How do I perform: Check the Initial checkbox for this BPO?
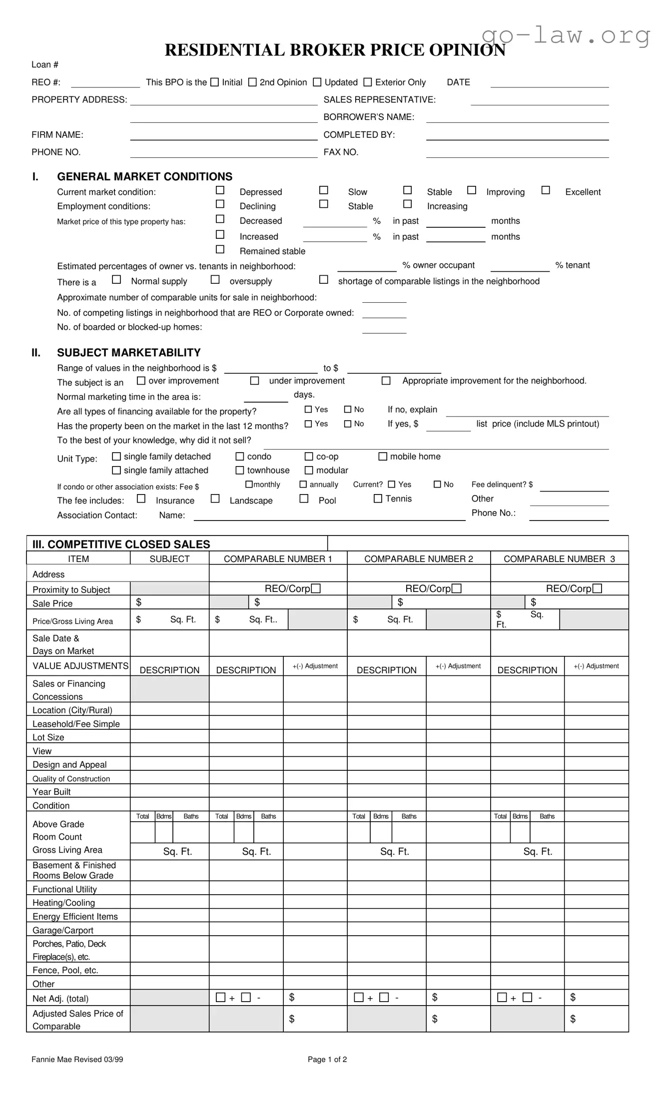(214, 82)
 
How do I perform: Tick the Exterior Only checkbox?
(368, 82)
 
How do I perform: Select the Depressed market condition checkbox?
(220, 190)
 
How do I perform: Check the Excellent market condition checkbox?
(546, 190)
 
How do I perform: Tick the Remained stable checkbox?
(220, 249)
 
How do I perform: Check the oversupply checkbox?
(215, 280)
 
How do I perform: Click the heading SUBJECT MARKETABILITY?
(128, 353)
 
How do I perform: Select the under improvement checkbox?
(254, 381)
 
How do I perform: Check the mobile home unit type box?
(383, 457)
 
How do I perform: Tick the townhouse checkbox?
(240, 471)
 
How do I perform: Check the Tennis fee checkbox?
(378, 499)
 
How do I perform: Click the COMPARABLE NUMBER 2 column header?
(418, 559)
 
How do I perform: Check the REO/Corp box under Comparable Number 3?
(598, 589)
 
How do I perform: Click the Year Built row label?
(51, 792)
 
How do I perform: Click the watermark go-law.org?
(566, 35)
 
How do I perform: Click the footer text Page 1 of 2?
(327, 1060)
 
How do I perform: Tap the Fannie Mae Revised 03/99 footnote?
(77, 1060)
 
